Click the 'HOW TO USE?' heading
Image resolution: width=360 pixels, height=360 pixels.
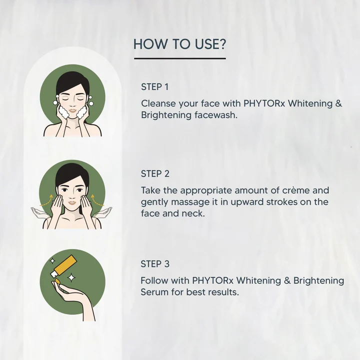click(179, 44)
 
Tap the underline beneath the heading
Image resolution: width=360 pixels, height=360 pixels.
click(179, 58)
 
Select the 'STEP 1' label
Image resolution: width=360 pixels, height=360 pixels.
click(151, 87)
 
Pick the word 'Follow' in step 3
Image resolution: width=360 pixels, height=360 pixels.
click(154, 280)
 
